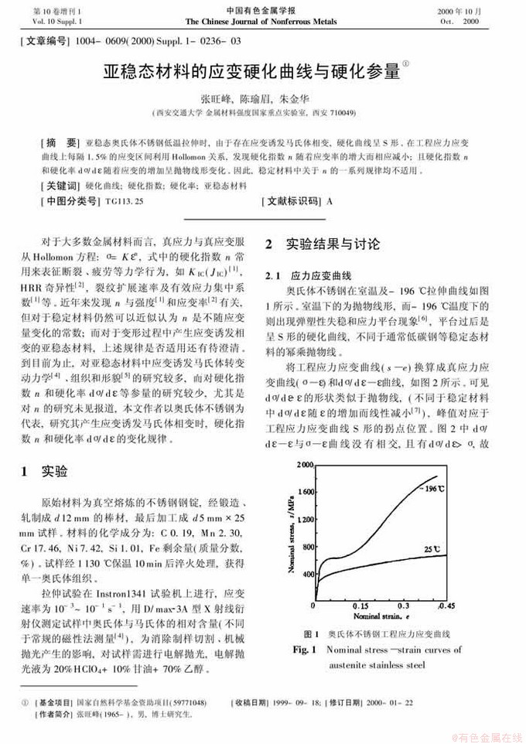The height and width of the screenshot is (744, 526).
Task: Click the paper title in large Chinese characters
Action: tap(252, 73)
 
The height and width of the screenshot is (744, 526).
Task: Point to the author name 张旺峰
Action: tap(216, 100)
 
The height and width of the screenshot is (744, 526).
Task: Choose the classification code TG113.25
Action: tap(125, 200)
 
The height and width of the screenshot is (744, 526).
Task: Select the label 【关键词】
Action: tap(60, 186)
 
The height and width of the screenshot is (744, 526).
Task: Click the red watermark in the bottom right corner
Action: tap(487, 735)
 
